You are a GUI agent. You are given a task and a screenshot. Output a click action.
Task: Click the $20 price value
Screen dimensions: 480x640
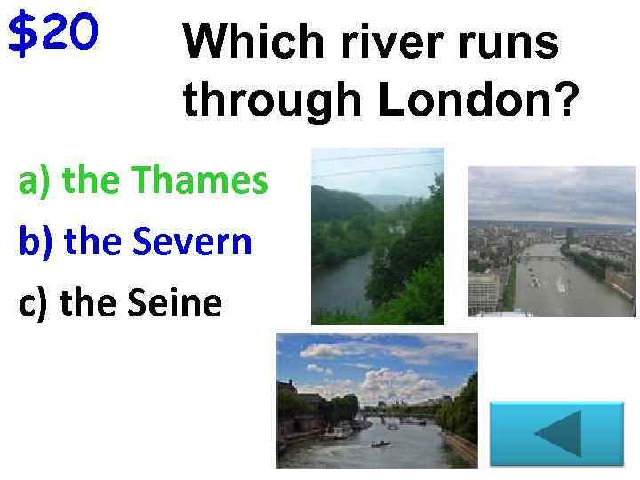52,35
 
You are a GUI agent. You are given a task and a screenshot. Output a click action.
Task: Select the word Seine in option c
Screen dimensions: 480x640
175,302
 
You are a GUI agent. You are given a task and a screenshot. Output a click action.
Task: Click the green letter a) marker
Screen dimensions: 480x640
36,182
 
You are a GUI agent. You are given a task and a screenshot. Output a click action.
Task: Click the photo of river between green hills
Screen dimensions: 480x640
377,236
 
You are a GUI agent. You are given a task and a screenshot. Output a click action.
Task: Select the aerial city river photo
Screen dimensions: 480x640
551,241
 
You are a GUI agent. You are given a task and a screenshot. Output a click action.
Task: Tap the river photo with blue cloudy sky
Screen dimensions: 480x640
377,400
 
